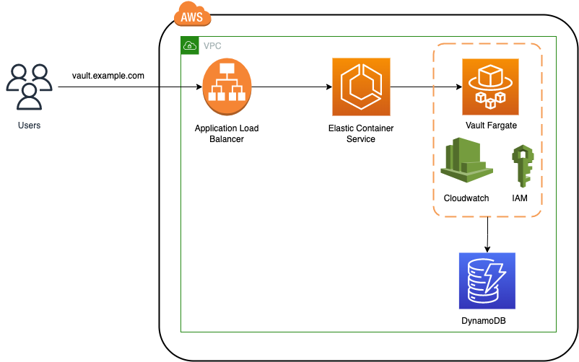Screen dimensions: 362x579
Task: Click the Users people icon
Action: coord(29,87)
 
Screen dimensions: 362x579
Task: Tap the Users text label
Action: coord(29,125)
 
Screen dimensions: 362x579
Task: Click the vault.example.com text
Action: coord(108,76)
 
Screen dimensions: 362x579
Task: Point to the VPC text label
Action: coord(212,45)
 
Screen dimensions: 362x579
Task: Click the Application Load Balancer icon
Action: coord(227,87)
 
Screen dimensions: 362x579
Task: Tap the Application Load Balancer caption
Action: coord(227,133)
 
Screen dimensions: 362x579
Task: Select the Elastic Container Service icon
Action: coord(361,87)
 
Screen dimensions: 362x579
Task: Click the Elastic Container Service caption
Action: coord(361,133)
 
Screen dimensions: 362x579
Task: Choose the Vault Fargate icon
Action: coord(490,87)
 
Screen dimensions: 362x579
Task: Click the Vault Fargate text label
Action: coord(490,125)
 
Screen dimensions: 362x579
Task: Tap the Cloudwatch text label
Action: coord(466,198)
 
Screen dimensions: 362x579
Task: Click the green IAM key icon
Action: coord(521,166)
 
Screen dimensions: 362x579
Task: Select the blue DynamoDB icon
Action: coord(487,281)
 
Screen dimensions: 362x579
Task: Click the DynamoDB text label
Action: coord(487,319)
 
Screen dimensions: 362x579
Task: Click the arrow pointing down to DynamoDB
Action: coord(489,234)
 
